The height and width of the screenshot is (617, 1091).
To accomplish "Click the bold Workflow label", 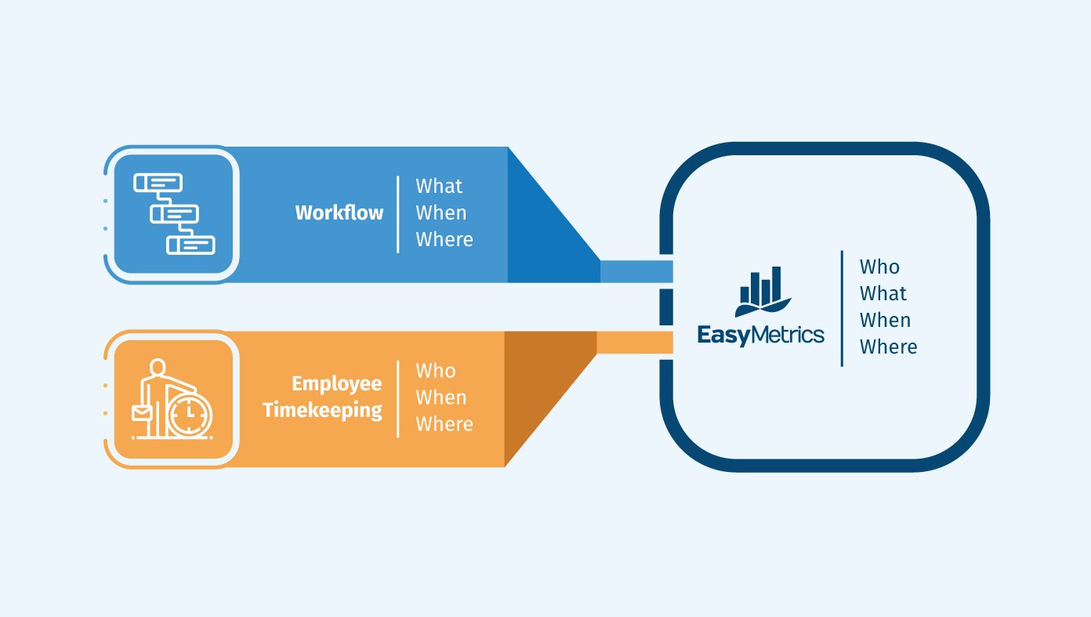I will click(339, 212).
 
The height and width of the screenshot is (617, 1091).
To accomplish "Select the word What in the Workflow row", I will click(439, 187).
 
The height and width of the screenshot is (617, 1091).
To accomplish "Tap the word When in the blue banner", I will click(440, 213).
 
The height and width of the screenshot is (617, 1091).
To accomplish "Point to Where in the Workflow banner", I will click(444, 240).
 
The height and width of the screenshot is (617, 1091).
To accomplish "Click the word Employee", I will click(336, 383).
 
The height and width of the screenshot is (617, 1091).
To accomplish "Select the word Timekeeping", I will click(322, 410).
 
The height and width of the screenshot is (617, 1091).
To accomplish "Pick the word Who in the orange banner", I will click(435, 371).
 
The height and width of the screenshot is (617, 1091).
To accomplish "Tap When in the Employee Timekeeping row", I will click(440, 397).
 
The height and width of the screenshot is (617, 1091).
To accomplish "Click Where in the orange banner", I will click(444, 424).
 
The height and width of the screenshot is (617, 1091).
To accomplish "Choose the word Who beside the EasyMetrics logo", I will click(879, 267).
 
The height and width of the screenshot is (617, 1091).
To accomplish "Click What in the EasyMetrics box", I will click(883, 294).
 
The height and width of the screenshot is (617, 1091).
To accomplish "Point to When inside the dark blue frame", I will click(885, 321).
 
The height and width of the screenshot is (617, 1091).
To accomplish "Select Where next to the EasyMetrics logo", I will click(888, 347).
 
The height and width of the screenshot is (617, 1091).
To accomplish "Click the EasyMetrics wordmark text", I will click(760, 336).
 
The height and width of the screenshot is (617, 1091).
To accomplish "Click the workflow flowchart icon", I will click(174, 213).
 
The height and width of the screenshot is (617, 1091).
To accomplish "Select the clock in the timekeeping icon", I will click(189, 413).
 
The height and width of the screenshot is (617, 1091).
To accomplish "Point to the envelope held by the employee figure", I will click(142, 412).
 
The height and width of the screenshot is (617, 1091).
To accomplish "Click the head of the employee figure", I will click(158, 367).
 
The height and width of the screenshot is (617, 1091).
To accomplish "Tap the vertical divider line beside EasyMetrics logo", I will click(842, 308).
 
